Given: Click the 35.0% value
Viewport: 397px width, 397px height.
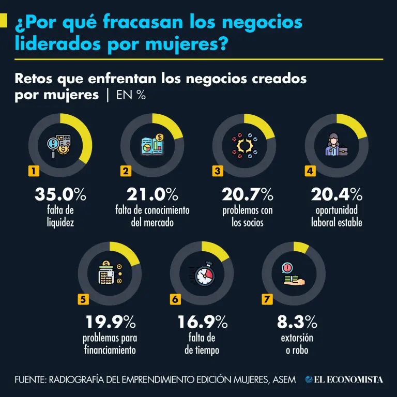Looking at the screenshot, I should [60, 194].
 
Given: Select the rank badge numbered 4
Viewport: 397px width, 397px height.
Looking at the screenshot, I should [310, 171].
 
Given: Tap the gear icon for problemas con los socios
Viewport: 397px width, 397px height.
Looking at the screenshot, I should [244, 145].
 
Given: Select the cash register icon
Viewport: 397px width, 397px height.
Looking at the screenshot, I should [109, 273].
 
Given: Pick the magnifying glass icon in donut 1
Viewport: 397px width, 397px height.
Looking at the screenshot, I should [55, 144].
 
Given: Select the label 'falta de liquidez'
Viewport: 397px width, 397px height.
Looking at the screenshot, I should [60, 217].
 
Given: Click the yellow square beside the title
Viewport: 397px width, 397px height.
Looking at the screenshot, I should [3, 21].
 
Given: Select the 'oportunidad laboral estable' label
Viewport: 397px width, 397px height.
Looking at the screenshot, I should [337, 217].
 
